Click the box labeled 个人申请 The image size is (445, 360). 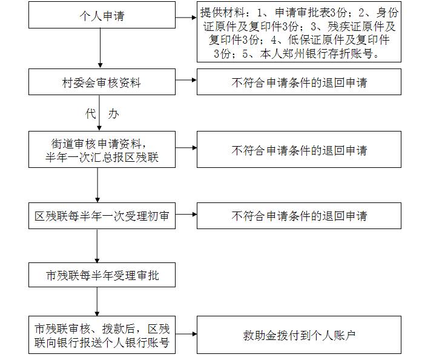102,15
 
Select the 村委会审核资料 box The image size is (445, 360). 102,82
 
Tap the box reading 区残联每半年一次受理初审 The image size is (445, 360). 102,216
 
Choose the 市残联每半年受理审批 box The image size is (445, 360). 102,275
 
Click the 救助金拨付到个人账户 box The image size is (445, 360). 299,335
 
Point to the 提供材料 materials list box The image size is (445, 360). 299,32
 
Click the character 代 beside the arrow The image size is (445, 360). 91,114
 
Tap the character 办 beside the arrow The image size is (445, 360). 114,114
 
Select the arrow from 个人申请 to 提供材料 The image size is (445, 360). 186,18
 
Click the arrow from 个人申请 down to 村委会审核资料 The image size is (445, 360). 100,48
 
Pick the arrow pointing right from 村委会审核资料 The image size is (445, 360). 186,80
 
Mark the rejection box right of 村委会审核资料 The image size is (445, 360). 299,82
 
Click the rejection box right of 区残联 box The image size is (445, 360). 299,216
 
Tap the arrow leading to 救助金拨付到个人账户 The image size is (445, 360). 186,334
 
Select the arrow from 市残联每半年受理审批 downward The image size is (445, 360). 97,301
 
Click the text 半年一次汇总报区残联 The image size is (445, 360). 102,157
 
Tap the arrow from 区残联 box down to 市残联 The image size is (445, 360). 97,246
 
